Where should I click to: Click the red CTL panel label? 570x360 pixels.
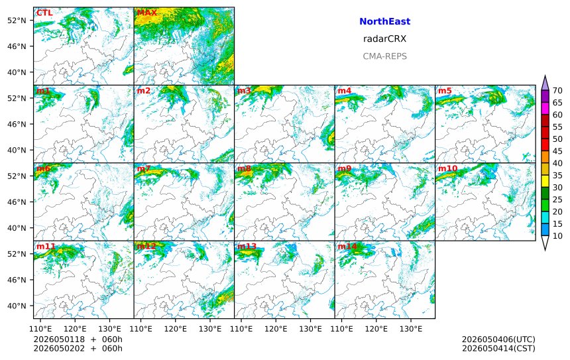[x=44, y=13]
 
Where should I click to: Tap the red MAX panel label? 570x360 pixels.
[x=147, y=13]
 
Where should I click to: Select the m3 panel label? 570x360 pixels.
[x=245, y=91]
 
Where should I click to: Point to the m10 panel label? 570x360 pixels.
[x=447, y=168]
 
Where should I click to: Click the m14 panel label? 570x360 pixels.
[x=347, y=246]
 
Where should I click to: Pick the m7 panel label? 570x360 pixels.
[x=144, y=168]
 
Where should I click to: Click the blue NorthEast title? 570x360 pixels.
[x=384, y=21]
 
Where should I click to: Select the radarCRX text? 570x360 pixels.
[x=384, y=39]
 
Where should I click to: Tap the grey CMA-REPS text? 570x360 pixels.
[x=384, y=56]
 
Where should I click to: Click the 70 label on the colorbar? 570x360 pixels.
[x=557, y=91]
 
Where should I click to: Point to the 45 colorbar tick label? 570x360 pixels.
[x=557, y=151]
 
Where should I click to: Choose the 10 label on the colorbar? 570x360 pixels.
[x=557, y=236]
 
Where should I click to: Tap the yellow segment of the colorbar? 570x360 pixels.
[x=545, y=182]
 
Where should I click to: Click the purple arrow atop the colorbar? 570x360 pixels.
[x=545, y=83]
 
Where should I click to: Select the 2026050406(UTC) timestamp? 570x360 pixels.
[x=498, y=339]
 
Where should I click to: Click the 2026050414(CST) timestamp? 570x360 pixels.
[x=498, y=348]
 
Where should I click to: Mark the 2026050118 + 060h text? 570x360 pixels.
[x=78, y=339]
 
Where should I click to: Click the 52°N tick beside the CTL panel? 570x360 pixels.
[x=17, y=21]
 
